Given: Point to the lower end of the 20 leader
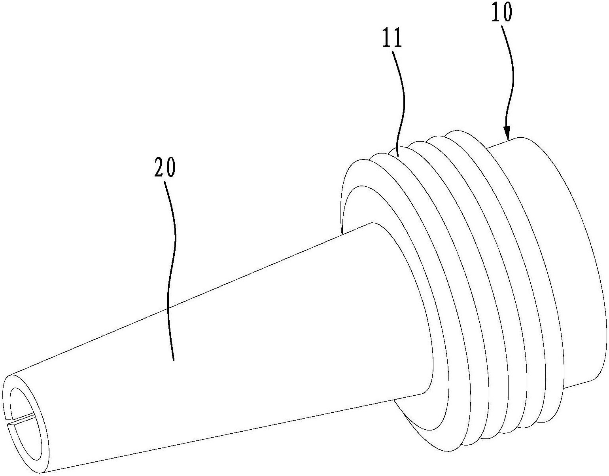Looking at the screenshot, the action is pyautogui.click(x=174, y=360).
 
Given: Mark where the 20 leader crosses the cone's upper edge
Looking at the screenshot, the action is pyautogui.click(x=169, y=308).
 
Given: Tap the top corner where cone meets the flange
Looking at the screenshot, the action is pyautogui.click(x=372, y=223).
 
